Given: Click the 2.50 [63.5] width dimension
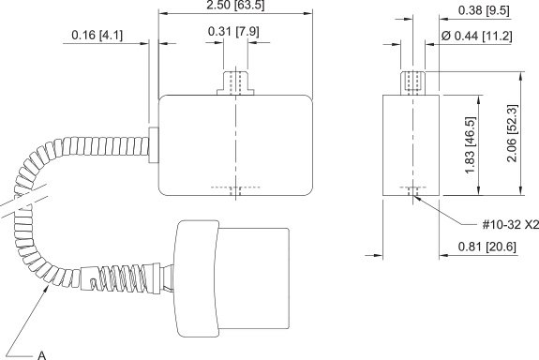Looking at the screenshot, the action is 235,6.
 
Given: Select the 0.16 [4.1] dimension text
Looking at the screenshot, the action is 97,35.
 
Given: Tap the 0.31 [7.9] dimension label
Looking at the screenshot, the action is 233,31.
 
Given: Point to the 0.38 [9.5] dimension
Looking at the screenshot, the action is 484,10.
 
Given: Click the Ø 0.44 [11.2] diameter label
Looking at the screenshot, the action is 476,36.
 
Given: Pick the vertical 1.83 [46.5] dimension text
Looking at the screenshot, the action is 470,145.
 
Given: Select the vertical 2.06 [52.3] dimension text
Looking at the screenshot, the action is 512,133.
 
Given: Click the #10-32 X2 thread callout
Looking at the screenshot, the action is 511,225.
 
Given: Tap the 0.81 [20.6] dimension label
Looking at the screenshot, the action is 487,247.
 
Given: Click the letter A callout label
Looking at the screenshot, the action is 41,355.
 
